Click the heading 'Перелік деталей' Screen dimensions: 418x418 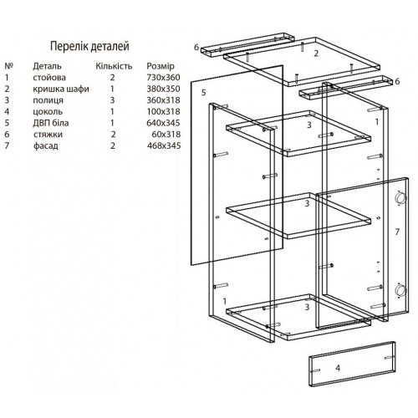pyautogui.click(x=89, y=46)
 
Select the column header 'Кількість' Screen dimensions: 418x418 pyautogui.click(x=114, y=66)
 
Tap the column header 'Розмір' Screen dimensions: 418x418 pyautogui.click(x=161, y=66)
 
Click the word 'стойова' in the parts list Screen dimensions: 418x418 pyautogui.click(x=49, y=78)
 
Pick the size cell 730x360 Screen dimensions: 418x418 pyautogui.click(x=163, y=77)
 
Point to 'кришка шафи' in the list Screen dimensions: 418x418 pyautogui.click(x=61, y=89)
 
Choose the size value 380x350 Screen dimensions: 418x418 pyautogui.click(x=163, y=89)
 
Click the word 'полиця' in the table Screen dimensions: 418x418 pyautogui.click(x=48, y=100)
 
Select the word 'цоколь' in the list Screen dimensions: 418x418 pyautogui.click(x=48, y=112)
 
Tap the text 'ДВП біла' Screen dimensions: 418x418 pyautogui.click(x=51, y=123)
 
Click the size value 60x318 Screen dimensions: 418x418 pyautogui.click(x=166, y=135)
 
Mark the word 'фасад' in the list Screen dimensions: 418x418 pyautogui.click(x=46, y=145)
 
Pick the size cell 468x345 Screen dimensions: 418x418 pyautogui.click(x=164, y=145)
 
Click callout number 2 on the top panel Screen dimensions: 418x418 pyautogui.click(x=316, y=54)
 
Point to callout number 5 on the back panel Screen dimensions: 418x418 pyautogui.click(x=204, y=93)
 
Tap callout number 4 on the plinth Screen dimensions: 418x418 pyautogui.click(x=338, y=368)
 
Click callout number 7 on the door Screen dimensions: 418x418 pyautogui.click(x=397, y=232)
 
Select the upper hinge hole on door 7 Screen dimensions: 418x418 pyautogui.click(x=400, y=198)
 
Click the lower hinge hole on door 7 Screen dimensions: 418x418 pyautogui.click(x=400, y=291)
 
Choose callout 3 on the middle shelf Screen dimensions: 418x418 pyautogui.click(x=307, y=203)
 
